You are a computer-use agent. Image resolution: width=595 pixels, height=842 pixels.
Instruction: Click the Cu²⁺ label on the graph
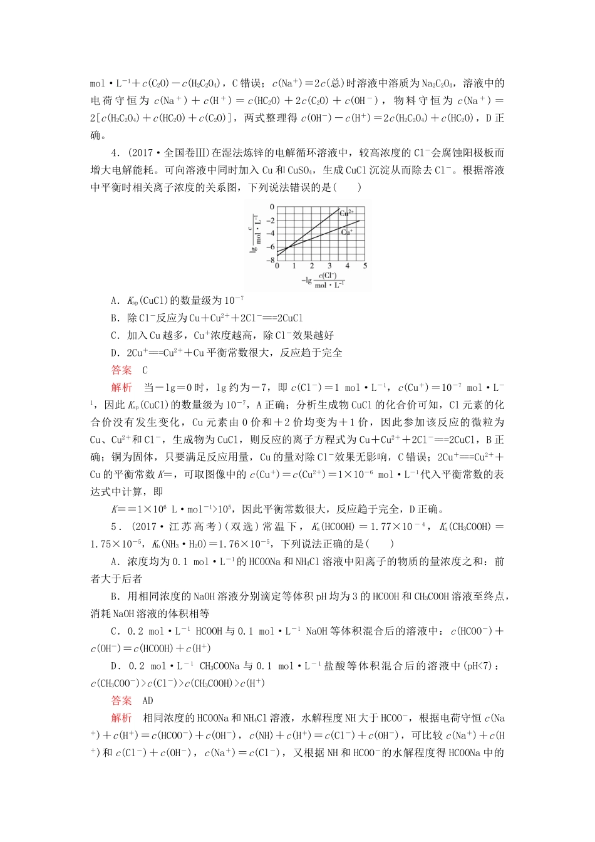pyautogui.click(x=346, y=213)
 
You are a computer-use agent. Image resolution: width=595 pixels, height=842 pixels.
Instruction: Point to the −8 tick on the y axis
pyautogui.click(x=271, y=261)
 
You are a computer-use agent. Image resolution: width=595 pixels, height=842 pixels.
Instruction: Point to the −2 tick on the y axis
pyautogui.click(x=271, y=221)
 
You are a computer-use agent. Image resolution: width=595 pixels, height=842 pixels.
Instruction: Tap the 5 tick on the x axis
pyautogui.click(x=365, y=266)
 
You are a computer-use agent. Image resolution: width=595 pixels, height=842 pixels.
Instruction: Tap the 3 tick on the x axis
pyautogui.click(x=329, y=266)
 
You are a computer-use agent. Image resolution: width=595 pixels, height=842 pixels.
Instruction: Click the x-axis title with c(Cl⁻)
pyautogui.click(x=323, y=280)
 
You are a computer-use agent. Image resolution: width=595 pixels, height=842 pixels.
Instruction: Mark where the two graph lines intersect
pyautogui.click(x=289, y=247)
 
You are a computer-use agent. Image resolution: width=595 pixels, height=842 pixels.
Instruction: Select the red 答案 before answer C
pyautogui.click(x=122, y=370)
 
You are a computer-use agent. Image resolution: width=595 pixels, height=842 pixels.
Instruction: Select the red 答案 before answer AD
pyautogui.click(x=122, y=701)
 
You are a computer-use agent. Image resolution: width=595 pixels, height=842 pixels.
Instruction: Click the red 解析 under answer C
pyautogui.click(x=122, y=388)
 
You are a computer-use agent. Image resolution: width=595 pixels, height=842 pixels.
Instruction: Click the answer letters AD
pyautogui.click(x=148, y=701)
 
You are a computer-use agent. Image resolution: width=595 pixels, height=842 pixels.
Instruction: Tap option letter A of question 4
pyautogui.click(x=115, y=300)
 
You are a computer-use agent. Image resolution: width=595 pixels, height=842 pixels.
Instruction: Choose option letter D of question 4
pyautogui.click(x=115, y=353)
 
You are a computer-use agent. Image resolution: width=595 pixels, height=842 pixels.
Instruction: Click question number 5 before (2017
pyautogui.click(x=114, y=527)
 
